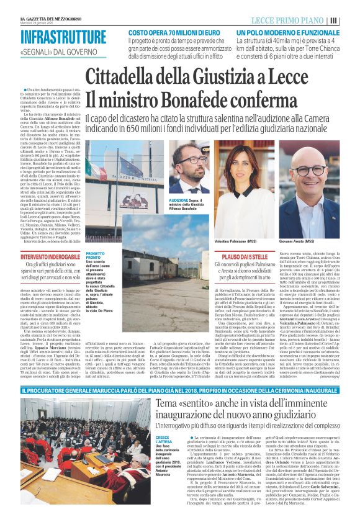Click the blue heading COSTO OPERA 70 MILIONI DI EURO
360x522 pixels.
coord(176,32)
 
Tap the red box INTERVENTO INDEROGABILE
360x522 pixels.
coord(52,256)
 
